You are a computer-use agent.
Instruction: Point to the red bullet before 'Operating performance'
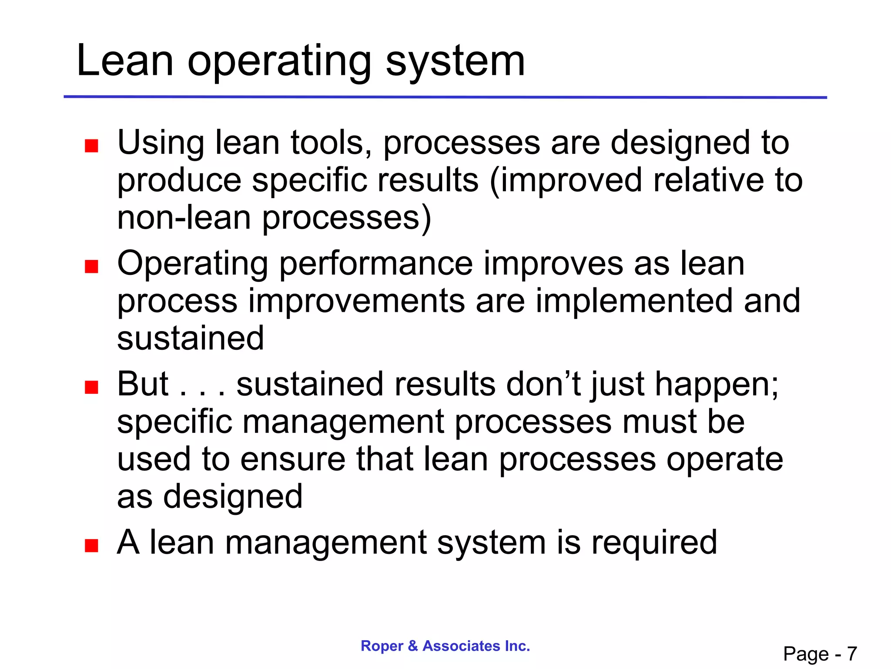(x=91, y=266)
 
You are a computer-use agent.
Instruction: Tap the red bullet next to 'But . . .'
(x=91, y=387)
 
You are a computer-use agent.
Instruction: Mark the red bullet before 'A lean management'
(x=91, y=545)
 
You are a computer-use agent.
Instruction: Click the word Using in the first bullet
(x=161, y=143)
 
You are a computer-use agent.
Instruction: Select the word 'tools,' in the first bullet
(x=331, y=143)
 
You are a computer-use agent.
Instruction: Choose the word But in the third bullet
(x=143, y=384)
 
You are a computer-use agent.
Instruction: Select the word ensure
(x=293, y=460)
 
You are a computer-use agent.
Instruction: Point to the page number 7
(x=851, y=654)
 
